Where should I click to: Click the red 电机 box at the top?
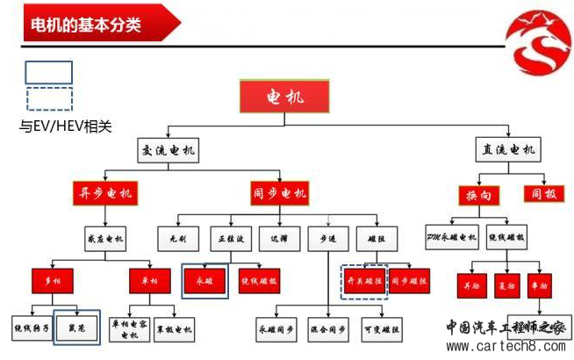click(284, 96)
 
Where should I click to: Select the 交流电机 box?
click(168, 150)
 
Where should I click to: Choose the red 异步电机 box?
click(107, 193)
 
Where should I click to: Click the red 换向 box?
click(478, 194)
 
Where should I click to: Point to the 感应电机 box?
click(107, 237)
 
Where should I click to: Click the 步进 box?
click(329, 237)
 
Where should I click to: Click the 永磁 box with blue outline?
click(205, 281)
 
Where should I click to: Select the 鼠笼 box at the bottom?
click(76, 327)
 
